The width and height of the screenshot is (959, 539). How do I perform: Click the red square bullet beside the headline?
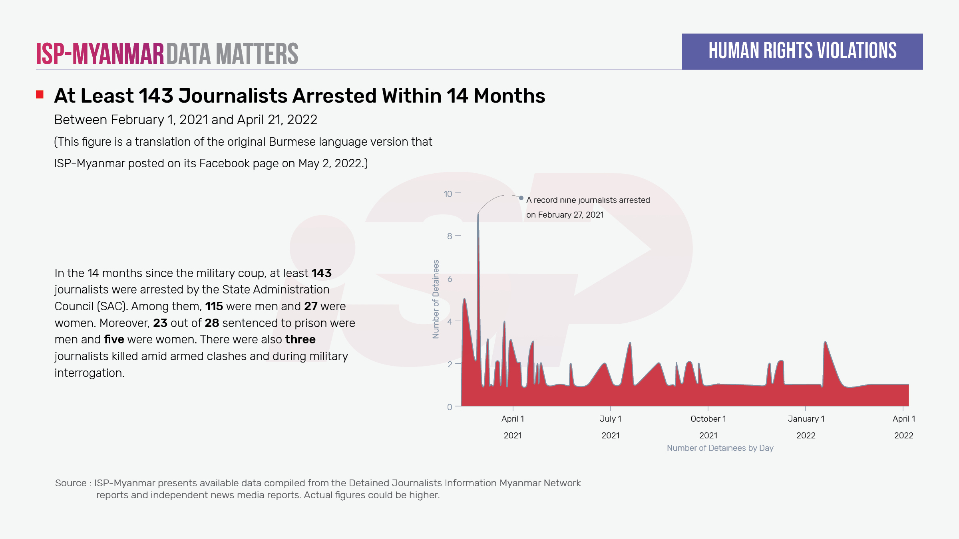click(x=40, y=95)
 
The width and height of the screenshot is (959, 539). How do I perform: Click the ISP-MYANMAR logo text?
click(x=100, y=54)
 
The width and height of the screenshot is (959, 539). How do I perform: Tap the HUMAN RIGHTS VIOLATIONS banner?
click(x=802, y=52)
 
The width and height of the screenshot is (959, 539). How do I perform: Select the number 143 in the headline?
click(x=156, y=96)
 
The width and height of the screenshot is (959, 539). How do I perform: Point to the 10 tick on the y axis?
click(x=448, y=194)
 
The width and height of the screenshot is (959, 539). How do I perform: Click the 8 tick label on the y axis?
click(x=450, y=236)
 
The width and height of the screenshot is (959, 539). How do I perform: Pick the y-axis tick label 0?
click(x=450, y=407)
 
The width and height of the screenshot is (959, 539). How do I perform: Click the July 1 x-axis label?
click(x=610, y=419)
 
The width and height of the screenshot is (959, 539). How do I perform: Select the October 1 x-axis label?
click(x=708, y=419)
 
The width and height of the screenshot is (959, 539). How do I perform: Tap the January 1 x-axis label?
click(x=806, y=419)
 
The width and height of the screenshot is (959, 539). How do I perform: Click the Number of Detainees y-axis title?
click(x=436, y=299)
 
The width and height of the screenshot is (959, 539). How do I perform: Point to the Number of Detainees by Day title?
click(x=720, y=448)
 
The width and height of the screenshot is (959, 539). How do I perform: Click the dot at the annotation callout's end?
click(x=521, y=198)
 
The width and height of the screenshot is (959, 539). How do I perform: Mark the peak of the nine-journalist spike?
click(x=478, y=214)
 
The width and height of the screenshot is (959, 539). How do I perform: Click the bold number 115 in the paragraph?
click(x=214, y=306)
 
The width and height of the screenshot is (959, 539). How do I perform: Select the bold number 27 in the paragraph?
click(x=310, y=306)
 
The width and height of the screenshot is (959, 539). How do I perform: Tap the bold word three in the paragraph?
click(x=300, y=339)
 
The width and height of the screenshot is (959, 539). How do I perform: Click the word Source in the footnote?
click(x=71, y=483)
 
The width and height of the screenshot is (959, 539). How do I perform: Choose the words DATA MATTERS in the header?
click(x=232, y=54)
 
